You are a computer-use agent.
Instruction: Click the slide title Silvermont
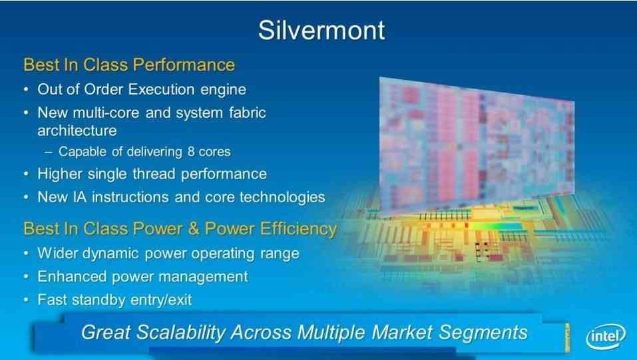point(321,30)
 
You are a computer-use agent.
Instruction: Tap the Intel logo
point(606,337)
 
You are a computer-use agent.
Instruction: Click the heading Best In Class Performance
point(129,65)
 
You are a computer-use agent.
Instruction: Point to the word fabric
point(248,112)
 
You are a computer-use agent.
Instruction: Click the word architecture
point(77,130)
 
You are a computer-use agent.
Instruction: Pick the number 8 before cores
point(191,152)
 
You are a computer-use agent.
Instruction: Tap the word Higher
point(60,174)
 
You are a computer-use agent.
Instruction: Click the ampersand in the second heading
point(194,229)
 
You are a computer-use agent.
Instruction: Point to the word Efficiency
point(298,229)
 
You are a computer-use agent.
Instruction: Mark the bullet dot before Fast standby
point(27,300)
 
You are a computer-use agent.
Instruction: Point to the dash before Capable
point(49,152)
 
